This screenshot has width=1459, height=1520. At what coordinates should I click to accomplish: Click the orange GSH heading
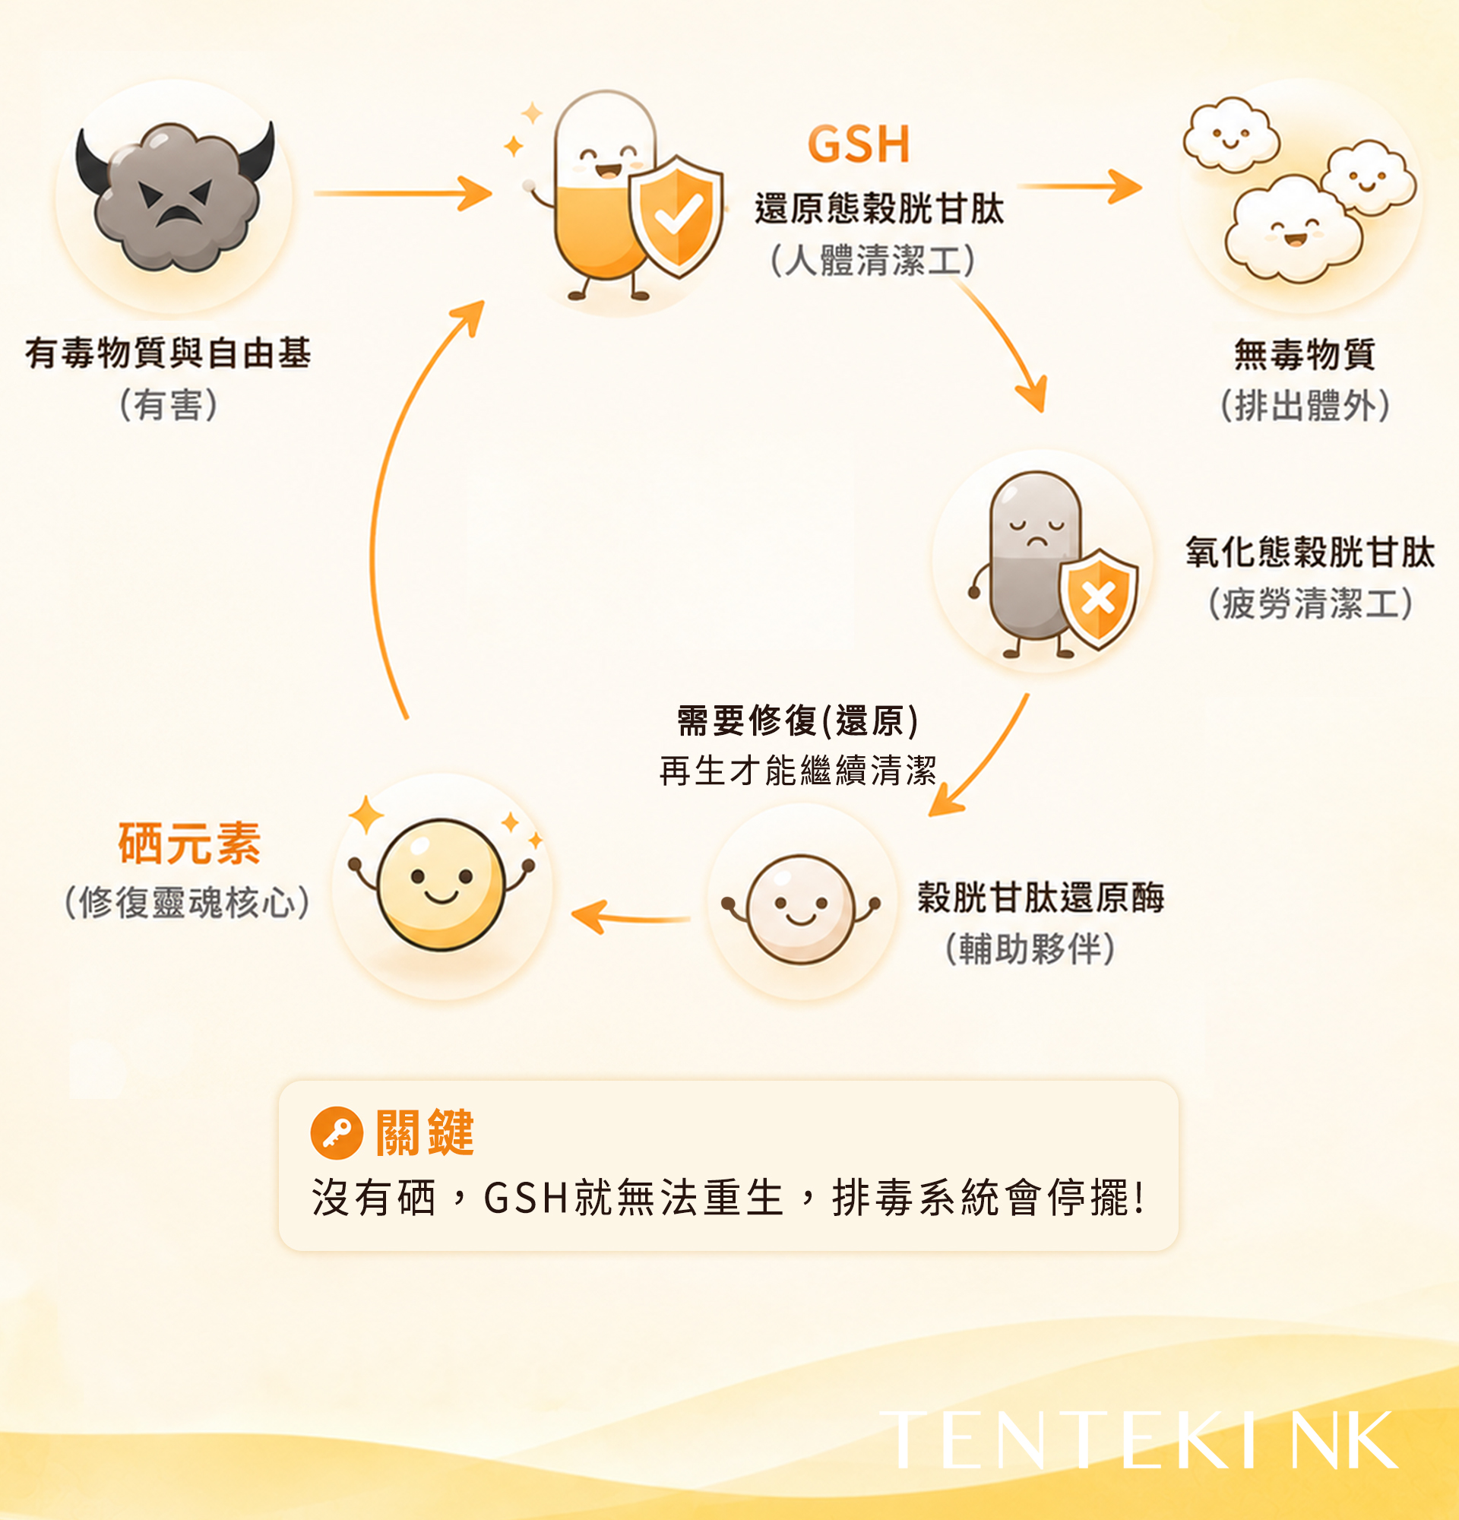click(858, 144)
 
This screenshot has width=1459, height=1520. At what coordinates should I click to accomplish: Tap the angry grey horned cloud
click(176, 195)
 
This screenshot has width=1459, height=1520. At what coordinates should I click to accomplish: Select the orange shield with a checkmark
click(677, 217)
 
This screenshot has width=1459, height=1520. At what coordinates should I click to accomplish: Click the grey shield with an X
click(1099, 599)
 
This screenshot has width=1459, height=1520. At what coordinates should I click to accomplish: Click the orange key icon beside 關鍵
click(337, 1133)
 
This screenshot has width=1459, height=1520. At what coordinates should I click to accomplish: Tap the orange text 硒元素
click(189, 843)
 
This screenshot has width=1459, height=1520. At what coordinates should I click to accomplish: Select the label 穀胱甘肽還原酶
click(1040, 898)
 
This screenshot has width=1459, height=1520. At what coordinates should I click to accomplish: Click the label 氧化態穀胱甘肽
click(1309, 553)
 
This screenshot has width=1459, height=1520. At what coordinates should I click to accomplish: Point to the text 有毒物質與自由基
click(168, 353)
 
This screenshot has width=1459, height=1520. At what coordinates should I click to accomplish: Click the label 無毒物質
click(1305, 354)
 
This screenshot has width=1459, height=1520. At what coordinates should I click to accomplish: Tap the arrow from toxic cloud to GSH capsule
click(403, 193)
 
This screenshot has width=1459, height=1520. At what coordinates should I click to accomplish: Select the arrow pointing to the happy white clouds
click(1080, 187)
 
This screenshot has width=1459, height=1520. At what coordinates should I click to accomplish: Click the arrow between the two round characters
click(630, 917)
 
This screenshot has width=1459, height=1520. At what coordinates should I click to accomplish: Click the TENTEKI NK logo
click(1140, 1440)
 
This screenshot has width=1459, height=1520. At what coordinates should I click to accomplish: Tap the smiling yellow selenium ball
click(441, 884)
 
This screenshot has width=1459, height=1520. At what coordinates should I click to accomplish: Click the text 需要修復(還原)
click(798, 720)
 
